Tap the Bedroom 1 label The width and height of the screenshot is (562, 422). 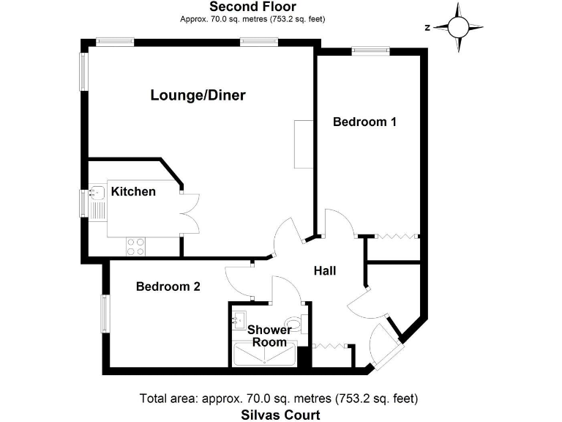click(364, 122)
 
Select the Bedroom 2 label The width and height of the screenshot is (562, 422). click(168, 287)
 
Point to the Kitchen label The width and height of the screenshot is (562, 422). click(133, 192)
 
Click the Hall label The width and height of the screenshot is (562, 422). click(325, 271)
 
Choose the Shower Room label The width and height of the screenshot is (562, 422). click(269, 336)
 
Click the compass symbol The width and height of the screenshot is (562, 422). click(458, 28)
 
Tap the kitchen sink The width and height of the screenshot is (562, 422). click(97, 193)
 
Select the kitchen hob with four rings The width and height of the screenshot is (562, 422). click(135, 246)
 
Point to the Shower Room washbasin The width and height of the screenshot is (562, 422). click(239, 319)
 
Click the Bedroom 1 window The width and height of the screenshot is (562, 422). click(369, 51)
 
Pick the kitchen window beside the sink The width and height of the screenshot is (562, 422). click(84, 203)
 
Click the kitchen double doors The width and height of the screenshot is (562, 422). click(190, 212)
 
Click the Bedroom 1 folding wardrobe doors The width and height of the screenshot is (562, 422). click(395, 237)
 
